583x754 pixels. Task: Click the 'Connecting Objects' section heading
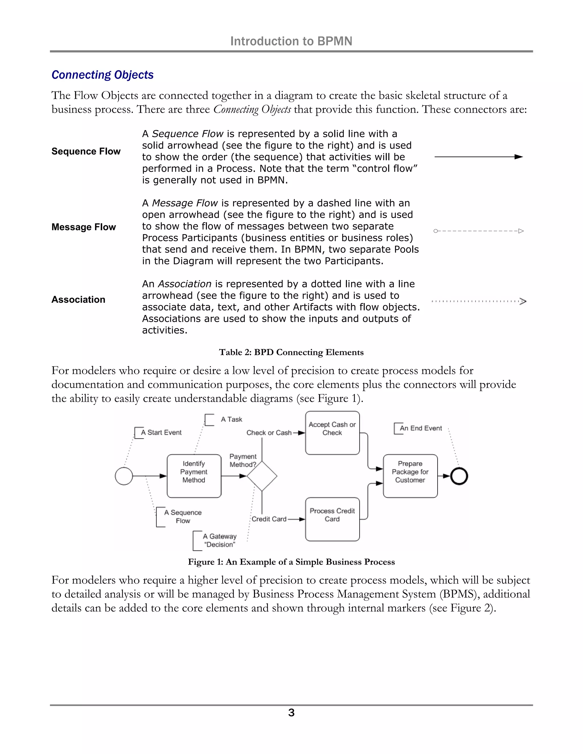pyautogui.click(x=102, y=75)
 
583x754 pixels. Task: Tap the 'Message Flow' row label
pyautogui.click(x=84, y=227)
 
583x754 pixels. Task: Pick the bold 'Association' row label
pyautogui.click(x=78, y=299)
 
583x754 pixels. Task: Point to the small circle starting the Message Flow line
pyautogui.click(x=436, y=231)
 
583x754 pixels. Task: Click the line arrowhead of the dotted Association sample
pyautogui.click(x=523, y=301)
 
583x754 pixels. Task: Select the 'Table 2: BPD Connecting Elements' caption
pyautogui.click(x=291, y=352)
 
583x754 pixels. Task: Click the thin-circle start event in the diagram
pyautogui.click(x=124, y=476)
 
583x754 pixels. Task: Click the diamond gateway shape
pyautogui.click(x=262, y=476)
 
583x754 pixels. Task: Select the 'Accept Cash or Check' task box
pyautogui.click(x=332, y=432)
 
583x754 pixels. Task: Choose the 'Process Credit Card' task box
pyautogui.click(x=332, y=519)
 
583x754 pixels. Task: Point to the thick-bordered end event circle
pyautogui.click(x=459, y=476)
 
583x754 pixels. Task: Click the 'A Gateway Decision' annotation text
pyautogui.click(x=220, y=540)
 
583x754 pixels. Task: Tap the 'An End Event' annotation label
pyautogui.click(x=420, y=428)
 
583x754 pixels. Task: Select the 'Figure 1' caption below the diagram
pyautogui.click(x=291, y=562)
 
